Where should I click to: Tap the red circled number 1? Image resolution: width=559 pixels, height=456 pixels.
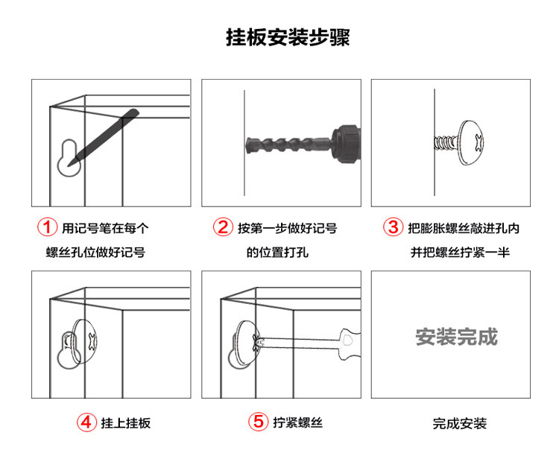coord(48,227)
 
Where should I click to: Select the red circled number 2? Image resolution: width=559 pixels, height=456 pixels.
coord(222,227)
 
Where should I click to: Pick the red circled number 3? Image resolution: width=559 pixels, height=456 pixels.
coord(393,227)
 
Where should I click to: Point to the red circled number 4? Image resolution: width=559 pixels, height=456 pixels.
coord(87,422)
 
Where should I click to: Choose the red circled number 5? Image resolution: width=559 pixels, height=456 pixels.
coord(257,422)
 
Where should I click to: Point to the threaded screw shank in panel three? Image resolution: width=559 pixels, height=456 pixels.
coord(446,141)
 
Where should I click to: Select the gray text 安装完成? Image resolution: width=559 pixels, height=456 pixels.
coord(456,337)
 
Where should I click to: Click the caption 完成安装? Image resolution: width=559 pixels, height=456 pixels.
coord(460,423)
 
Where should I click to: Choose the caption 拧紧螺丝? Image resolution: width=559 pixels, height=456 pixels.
coord(297,422)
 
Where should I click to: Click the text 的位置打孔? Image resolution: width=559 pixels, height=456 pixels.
coord(277,252)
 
